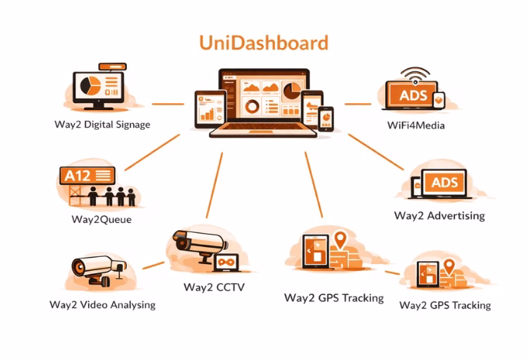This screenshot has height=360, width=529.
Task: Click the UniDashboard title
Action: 264,43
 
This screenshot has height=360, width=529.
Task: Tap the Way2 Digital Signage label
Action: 102,125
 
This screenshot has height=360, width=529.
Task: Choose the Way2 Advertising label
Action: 439,215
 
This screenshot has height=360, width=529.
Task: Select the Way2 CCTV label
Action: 214,287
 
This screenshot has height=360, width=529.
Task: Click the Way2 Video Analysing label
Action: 102,305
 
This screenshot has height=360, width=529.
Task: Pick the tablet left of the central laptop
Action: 207,107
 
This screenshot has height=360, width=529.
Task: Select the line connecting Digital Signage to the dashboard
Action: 167,104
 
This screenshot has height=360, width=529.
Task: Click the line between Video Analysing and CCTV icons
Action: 153,267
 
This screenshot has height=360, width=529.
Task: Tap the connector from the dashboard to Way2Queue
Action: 152,152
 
